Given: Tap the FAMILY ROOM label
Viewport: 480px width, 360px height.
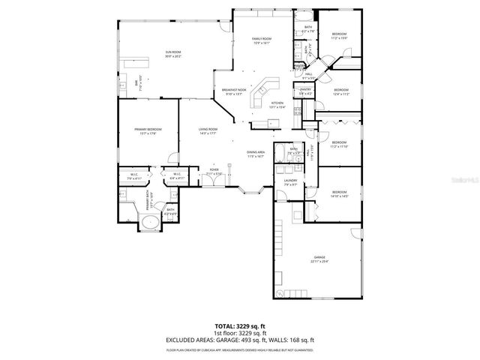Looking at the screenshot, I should tap(261, 40).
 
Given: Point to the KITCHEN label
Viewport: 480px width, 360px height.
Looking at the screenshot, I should tap(277, 104).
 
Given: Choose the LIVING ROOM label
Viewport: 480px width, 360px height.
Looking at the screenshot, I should tap(208, 131).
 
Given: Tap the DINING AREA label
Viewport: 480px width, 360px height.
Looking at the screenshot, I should tap(256, 154).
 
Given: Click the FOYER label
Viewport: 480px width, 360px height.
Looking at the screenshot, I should tap(214, 172).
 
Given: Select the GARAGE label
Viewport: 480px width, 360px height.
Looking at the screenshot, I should tap(320, 259).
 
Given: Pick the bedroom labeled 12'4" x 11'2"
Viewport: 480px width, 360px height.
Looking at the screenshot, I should tap(340, 91).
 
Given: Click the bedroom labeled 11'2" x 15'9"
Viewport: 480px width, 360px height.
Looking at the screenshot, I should tap(340, 35).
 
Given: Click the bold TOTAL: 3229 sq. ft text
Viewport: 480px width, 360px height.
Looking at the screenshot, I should tap(239, 326).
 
